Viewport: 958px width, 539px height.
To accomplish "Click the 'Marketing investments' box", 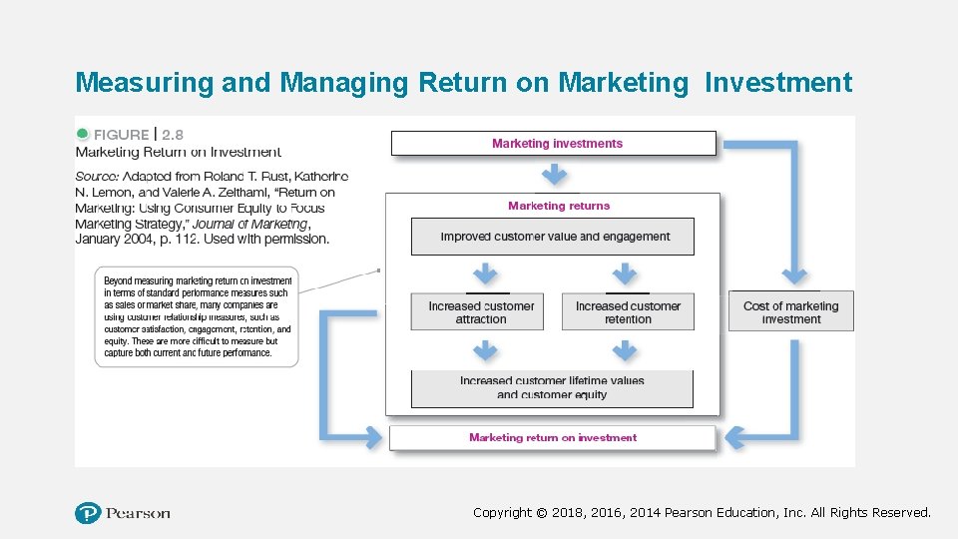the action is pyautogui.click(x=554, y=144).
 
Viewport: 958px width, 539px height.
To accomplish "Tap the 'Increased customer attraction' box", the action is pyautogui.click(x=481, y=312).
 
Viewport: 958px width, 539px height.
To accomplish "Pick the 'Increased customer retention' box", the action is pyautogui.click(x=628, y=312).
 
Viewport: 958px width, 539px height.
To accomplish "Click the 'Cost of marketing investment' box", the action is pyautogui.click(x=791, y=312).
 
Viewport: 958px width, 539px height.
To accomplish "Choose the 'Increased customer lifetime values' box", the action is pyautogui.click(x=552, y=387).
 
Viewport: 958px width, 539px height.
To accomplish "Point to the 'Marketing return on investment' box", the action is pyautogui.click(x=552, y=437).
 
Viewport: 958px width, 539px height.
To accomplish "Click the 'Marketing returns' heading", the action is pyautogui.click(x=558, y=206).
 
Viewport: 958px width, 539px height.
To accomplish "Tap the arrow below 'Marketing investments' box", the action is pyautogui.click(x=555, y=176).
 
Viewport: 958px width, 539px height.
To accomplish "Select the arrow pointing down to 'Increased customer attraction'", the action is pyautogui.click(x=485, y=273).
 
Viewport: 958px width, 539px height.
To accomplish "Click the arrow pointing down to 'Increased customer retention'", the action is pyautogui.click(x=624, y=273).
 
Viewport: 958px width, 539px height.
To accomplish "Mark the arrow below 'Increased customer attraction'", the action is pyautogui.click(x=485, y=350).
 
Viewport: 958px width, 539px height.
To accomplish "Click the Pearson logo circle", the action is pyautogui.click(x=88, y=513).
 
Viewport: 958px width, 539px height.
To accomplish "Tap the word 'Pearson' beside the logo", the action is pyautogui.click(x=139, y=513).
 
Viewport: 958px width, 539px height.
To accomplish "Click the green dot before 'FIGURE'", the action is pyautogui.click(x=82, y=134).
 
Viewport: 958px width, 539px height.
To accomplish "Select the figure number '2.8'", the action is pyautogui.click(x=173, y=134).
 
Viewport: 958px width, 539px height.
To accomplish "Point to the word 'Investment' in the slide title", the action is pyautogui.click(x=778, y=82).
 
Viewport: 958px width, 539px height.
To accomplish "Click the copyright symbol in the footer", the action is pyautogui.click(x=541, y=513).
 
